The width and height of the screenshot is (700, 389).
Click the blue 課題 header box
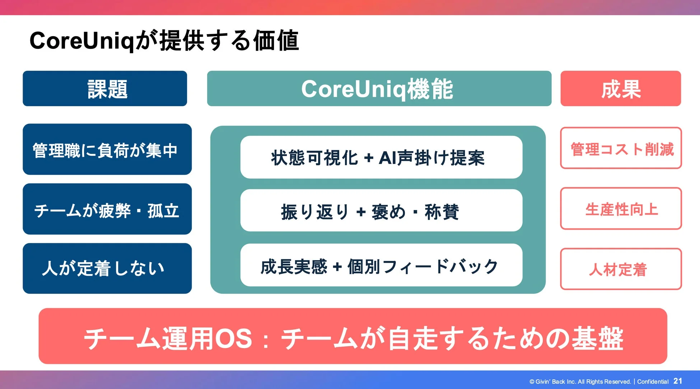click(105, 89)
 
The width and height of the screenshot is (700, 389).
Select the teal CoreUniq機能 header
click(379, 89)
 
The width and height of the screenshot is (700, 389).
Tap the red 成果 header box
click(620, 89)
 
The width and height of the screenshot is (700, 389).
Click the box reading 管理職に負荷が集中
click(107, 149)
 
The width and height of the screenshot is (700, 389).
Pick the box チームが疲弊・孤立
click(107, 209)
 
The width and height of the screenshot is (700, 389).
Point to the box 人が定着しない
click(107, 268)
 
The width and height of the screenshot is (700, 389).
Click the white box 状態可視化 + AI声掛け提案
click(381, 157)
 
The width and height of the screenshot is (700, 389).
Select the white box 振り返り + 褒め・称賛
click(381, 211)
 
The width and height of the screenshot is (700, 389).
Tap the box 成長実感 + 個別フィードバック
click(381, 265)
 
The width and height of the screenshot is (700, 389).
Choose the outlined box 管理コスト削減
click(621, 148)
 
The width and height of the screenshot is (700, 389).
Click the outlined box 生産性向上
click(621, 208)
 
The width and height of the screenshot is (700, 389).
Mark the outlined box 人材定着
click(621, 269)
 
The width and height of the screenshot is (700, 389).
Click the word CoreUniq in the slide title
click(81, 41)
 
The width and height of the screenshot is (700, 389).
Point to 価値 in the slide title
click(276, 41)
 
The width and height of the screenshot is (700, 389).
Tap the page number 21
click(677, 381)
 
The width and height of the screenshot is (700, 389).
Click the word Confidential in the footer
click(653, 381)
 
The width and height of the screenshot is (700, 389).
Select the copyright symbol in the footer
click(532, 382)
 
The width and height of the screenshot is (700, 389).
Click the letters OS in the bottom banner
click(233, 338)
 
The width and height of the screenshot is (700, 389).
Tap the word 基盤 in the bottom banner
click(597, 338)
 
